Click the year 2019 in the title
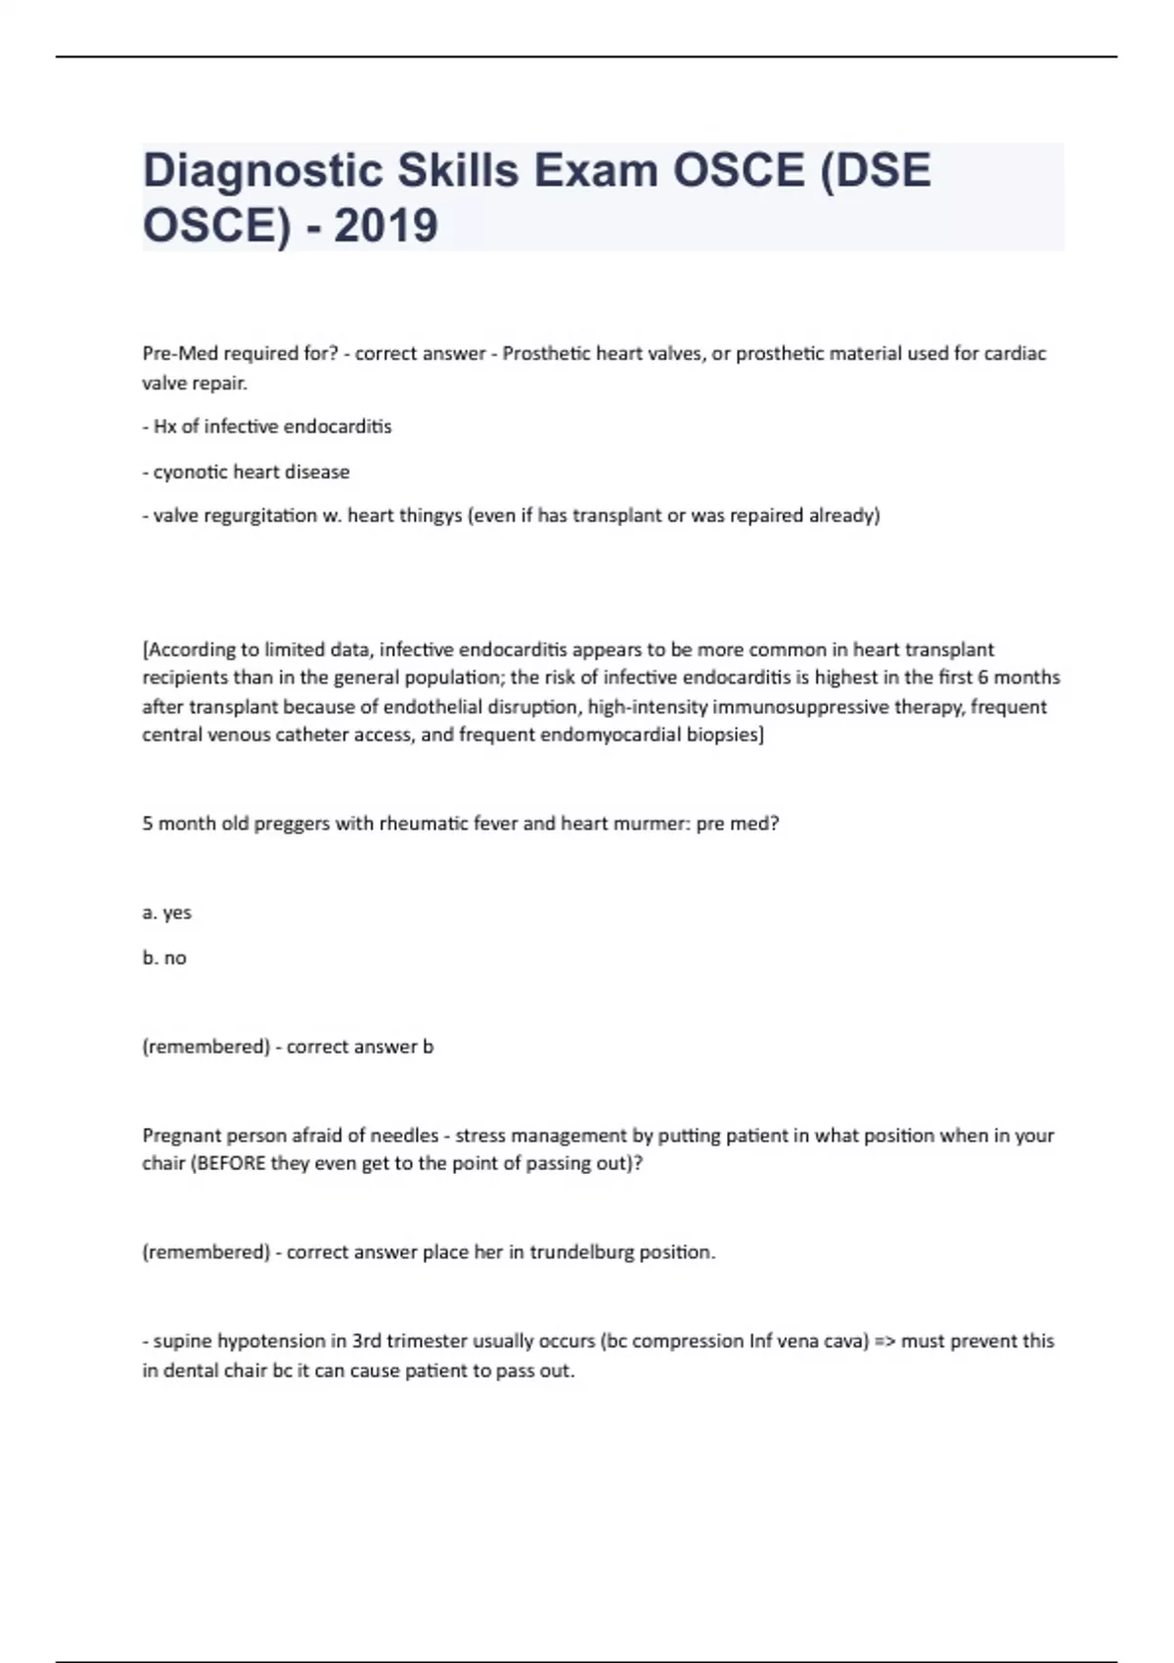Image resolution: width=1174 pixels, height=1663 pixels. (x=385, y=226)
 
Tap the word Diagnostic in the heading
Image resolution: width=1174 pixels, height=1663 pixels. (x=262, y=171)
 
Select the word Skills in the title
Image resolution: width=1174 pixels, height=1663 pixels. (x=458, y=171)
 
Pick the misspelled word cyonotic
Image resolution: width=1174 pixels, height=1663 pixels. (x=190, y=472)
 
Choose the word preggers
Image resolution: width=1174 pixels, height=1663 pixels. (x=292, y=824)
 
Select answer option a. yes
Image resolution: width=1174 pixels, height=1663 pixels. (x=167, y=913)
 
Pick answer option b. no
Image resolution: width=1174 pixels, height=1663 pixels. (x=164, y=958)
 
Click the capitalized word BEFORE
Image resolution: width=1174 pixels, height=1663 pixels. (x=232, y=1164)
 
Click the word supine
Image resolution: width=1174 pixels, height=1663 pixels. (x=183, y=1341)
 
